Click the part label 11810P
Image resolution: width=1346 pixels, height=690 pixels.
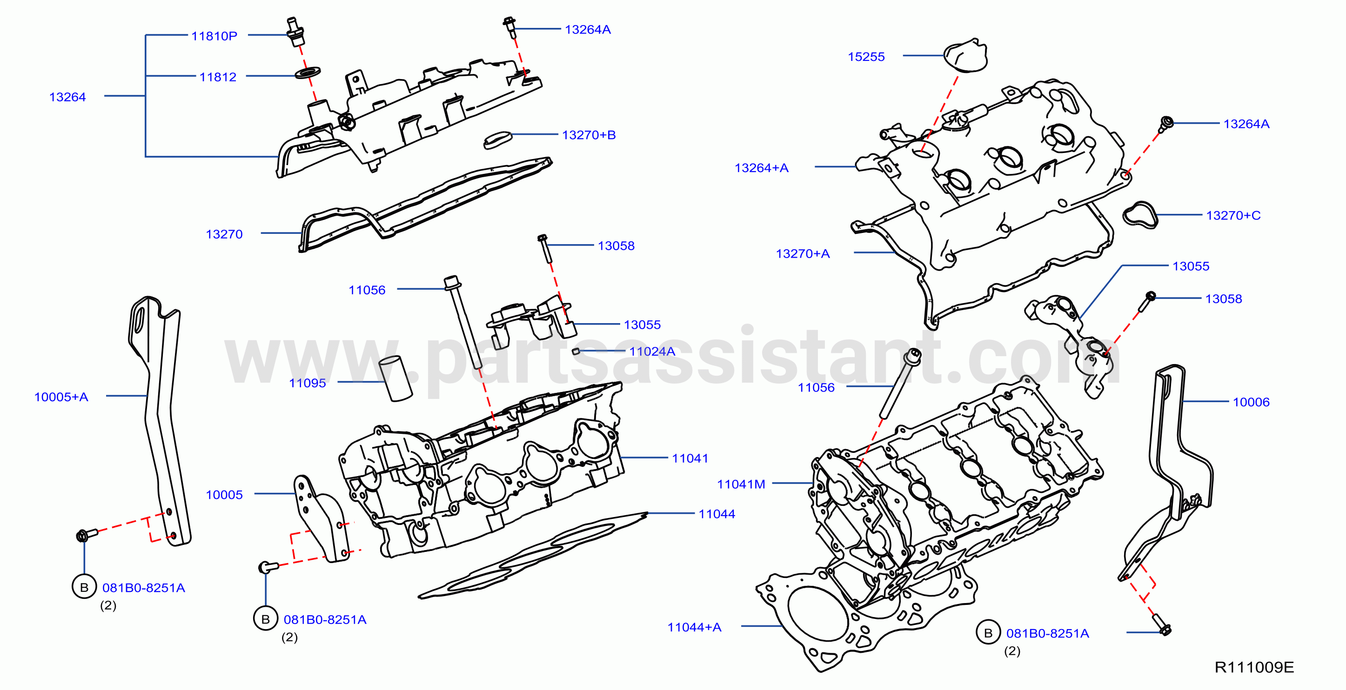click(x=214, y=36)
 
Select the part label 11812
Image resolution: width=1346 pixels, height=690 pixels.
click(x=218, y=77)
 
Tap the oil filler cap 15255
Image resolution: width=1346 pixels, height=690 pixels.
click(x=965, y=55)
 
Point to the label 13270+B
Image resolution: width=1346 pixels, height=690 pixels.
click(x=589, y=135)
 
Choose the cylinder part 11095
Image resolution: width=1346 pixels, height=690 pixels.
click(x=395, y=378)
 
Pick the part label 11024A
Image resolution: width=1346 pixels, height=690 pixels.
click(x=652, y=351)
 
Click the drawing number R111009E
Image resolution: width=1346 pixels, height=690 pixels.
click(x=1254, y=667)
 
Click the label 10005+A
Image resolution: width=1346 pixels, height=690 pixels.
click(x=61, y=397)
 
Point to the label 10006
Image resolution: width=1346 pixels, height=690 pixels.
click(x=1251, y=402)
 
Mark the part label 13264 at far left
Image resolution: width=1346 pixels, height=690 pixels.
click(x=67, y=97)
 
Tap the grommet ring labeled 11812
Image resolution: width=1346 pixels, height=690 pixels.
click(x=308, y=72)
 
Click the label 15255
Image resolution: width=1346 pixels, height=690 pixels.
click(x=866, y=56)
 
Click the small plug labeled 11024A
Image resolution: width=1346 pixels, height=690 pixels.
click(x=576, y=351)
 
